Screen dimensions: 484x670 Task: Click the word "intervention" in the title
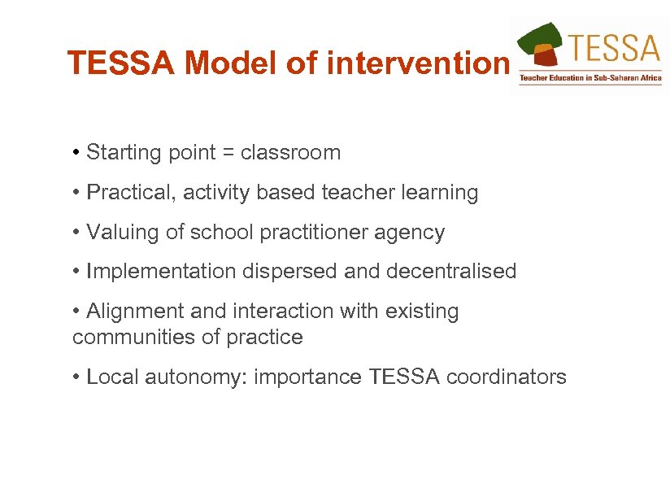pos(417,63)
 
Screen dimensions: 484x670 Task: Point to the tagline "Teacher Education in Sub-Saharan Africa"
pos(590,79)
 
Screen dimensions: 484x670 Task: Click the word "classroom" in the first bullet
pos(290,153)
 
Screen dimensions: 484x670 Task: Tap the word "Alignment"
pos(131,312)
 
